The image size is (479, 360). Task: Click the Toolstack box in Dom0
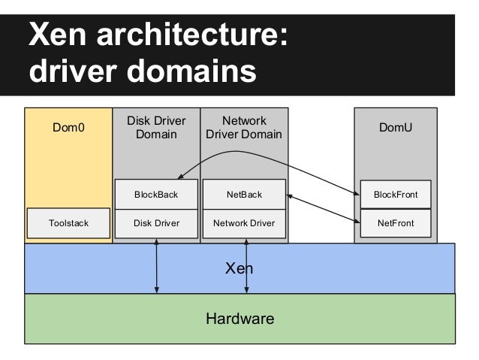(68, 223)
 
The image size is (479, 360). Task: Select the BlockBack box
(156, 195)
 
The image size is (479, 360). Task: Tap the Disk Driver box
(156, 223)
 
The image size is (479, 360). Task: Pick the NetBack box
(244, 195)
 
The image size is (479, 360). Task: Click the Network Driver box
(244, 223)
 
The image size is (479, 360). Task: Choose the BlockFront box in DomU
(395, 195)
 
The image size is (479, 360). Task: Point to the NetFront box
(395, 223)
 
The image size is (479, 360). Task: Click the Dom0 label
(68, 128)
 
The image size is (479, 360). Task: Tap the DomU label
(395, 128)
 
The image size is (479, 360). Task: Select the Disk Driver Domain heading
(156, 128)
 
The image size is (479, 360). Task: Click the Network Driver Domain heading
(244, 128)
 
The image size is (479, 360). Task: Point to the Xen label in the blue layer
(239, 268)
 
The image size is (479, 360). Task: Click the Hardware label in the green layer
(239, 319)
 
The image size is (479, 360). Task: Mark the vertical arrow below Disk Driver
(156, 267)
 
